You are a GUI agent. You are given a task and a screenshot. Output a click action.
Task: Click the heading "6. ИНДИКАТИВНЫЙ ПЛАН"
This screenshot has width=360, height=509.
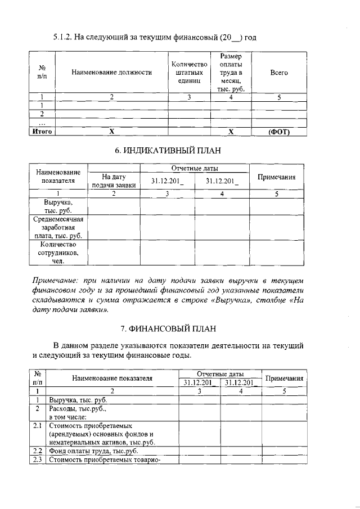coord(179,150)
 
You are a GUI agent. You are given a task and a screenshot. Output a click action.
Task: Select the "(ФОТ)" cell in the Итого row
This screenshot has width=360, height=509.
coord(278,132)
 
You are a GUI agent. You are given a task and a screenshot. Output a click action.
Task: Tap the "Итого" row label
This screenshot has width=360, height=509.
coord(41,132)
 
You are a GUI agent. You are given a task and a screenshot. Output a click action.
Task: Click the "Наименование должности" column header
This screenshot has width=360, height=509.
coord(112,73)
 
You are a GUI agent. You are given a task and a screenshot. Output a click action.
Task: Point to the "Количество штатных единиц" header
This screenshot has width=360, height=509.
coord(189,73)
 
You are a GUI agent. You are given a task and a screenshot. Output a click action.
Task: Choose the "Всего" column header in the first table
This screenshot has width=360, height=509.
coord(278,73)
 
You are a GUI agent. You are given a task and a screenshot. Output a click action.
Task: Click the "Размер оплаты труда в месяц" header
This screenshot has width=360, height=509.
coord(231,73)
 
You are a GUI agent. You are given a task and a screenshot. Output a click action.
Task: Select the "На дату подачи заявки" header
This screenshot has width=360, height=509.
coord(114,181)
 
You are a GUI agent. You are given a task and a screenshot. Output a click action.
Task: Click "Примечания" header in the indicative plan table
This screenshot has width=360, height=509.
coord(276,177)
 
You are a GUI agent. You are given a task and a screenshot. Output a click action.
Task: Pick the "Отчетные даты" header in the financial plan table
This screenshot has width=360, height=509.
coord(220,374)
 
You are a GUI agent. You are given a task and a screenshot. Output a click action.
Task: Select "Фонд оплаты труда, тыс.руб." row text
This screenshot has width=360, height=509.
coord(93,451)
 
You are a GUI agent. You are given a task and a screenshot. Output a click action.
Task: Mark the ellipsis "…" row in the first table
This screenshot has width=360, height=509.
coord(41,123)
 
